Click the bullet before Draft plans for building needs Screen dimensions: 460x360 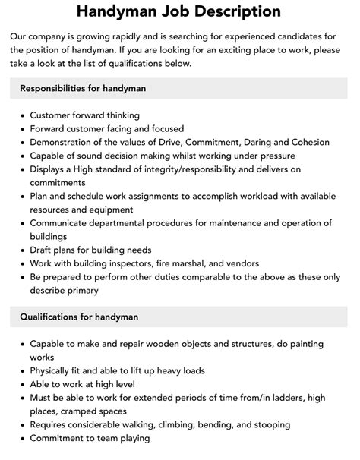21,250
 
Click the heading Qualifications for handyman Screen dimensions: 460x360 79,316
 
